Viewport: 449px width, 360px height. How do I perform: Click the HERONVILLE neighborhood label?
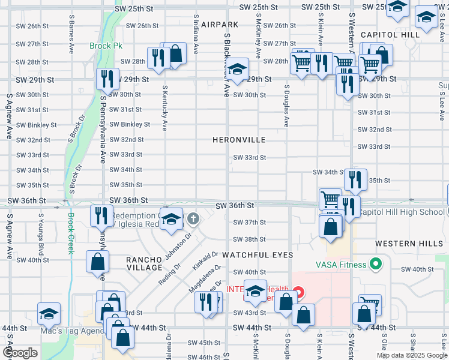[238, 140]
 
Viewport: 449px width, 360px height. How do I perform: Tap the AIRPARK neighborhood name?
[220, 25]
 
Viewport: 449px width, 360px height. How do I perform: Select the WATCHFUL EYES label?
[258, 255]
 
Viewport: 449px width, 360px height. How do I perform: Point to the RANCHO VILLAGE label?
[144, 264]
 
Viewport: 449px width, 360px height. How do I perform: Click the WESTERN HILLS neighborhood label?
[403, 244]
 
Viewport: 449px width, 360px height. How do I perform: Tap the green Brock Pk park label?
[105, 46]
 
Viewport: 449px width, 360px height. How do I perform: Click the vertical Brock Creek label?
[70, 233]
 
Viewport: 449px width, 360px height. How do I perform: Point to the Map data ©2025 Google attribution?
[411, 355]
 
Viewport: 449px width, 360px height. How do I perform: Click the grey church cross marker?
[193, 218]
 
